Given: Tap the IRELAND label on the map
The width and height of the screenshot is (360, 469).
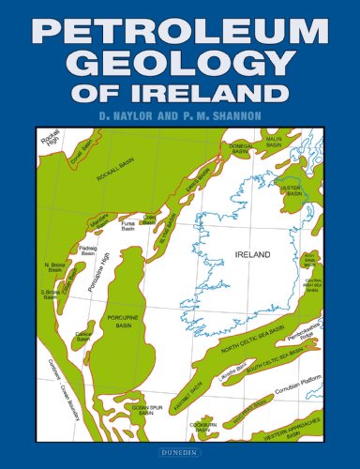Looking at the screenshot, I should pos(252,255).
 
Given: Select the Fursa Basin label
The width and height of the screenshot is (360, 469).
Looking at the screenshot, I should pos(129,226).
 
